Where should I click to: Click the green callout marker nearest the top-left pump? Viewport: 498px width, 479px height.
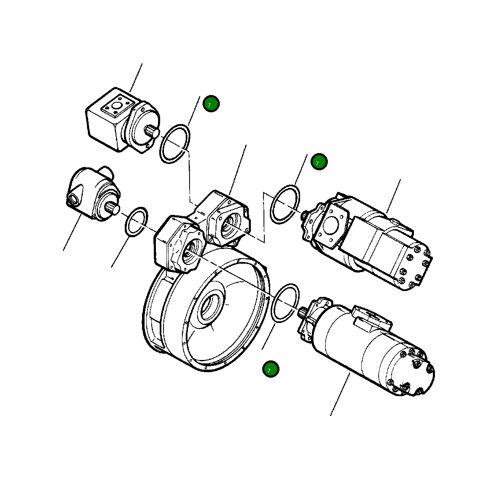(x=211, y=103)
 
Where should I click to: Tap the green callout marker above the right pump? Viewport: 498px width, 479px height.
(x=319, y=161)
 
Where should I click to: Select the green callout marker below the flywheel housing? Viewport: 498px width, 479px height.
(x=271, y=369)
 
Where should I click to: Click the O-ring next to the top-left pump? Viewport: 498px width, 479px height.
(x=175, y=144)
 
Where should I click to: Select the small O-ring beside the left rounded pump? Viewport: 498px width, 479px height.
(x=137, y=221)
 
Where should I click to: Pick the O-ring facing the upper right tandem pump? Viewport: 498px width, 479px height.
(x=285, y=204)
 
